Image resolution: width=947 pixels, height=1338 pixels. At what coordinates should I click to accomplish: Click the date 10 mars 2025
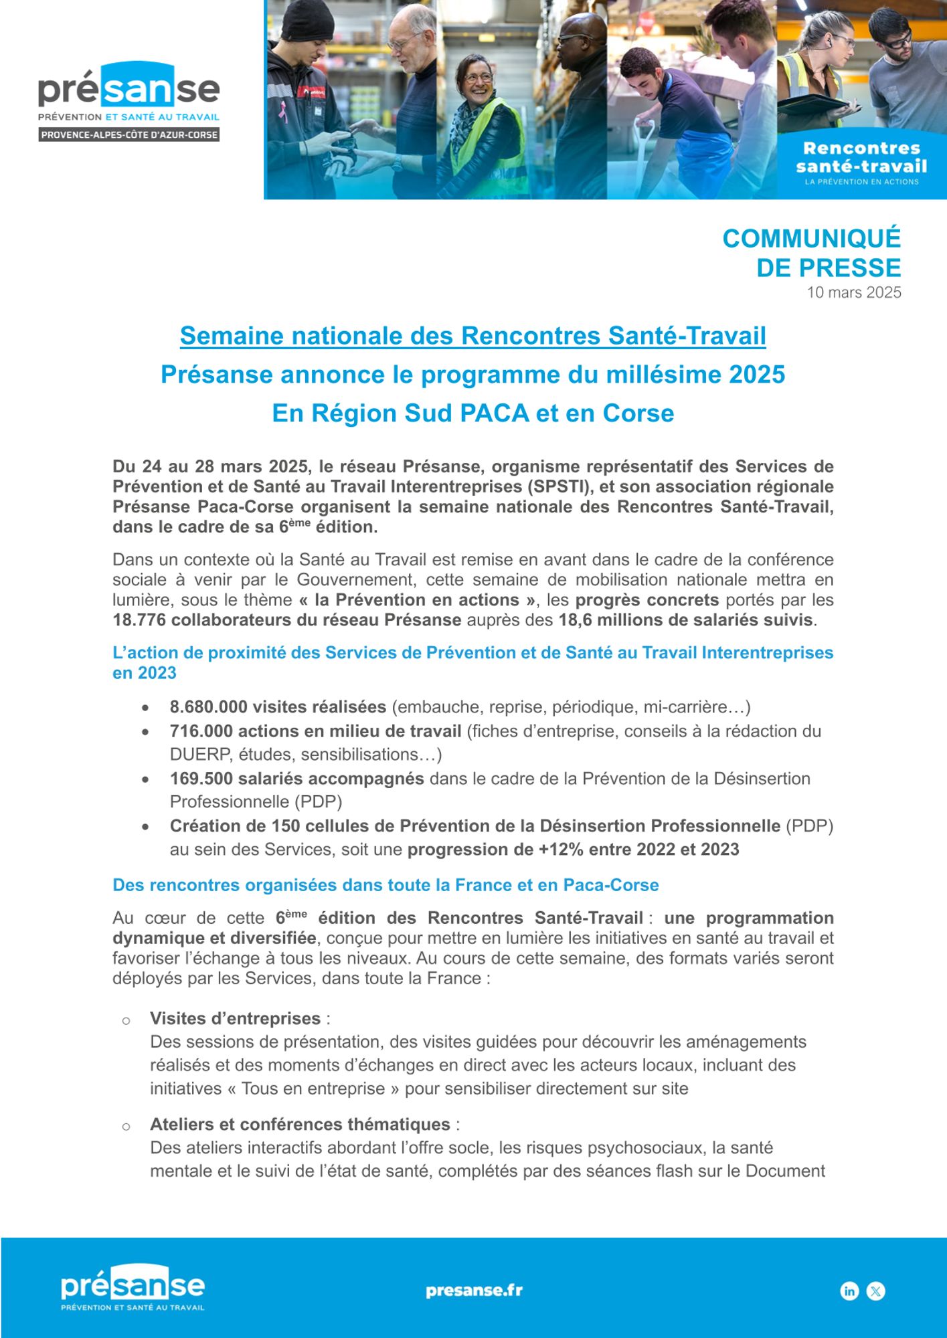853,292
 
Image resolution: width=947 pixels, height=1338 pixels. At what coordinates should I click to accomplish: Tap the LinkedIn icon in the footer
849,1291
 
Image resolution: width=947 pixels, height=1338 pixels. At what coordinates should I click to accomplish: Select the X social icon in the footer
875,1291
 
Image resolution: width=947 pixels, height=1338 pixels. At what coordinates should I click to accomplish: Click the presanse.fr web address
474,1291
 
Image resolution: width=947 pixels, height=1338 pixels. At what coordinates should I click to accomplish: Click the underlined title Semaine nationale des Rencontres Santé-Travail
472,336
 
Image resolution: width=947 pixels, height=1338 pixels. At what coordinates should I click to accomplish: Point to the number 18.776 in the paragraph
139,620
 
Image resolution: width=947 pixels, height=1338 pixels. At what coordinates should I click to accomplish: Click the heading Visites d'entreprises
235,1018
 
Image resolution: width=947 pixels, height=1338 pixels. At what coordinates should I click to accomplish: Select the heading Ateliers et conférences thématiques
300,1124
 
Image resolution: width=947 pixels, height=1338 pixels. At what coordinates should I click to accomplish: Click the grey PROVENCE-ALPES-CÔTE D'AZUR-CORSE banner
129,135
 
